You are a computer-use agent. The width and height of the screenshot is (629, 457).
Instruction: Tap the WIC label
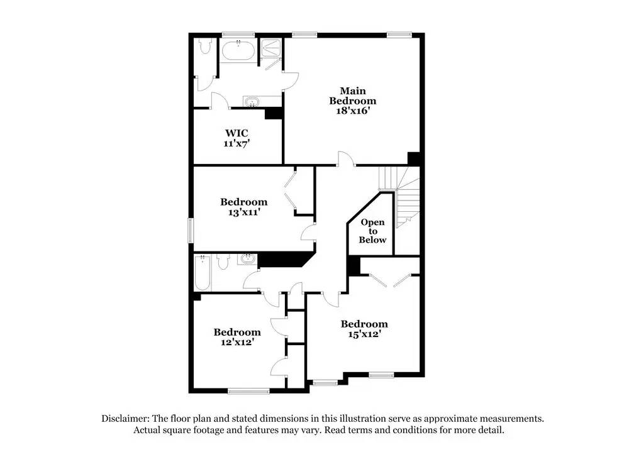coord(237,133)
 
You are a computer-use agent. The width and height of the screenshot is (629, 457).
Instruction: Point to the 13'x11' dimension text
coord(243,212)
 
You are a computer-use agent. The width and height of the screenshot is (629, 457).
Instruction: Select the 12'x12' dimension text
coord(237,343)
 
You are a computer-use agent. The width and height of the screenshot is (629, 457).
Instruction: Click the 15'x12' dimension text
coord(364,334)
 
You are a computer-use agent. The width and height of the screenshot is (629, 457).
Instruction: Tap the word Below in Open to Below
coord(372,240)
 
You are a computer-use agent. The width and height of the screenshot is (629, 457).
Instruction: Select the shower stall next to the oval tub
coord(272,52)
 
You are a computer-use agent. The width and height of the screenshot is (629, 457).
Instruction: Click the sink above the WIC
coord(252,102)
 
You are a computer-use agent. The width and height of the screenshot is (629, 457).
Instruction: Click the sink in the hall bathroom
coord(248,258)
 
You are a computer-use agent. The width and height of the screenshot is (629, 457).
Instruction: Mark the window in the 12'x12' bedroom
coord(248,392)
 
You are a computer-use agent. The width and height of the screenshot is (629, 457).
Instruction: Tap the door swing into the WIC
coord(218,101)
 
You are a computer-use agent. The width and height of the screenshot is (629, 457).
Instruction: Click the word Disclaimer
coord(127,418)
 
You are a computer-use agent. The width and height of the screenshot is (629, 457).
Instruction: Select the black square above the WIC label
coord(273,113)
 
